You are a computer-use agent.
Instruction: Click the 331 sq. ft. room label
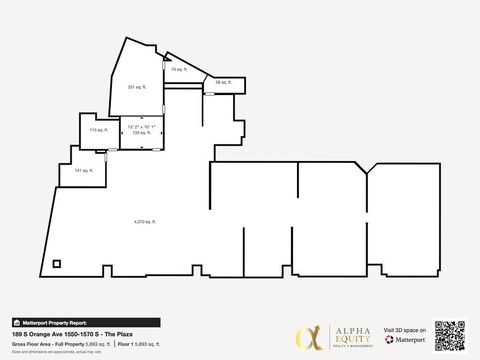coord(137,87)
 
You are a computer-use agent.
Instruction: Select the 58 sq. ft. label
coord(223,82)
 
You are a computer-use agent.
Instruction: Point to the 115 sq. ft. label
coord(99,130)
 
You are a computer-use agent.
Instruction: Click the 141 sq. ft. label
coord(84,170)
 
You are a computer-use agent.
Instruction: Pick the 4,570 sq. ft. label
coord(145,222)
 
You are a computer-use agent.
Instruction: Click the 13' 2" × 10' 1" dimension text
coord(141,127)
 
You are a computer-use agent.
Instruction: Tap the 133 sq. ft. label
coord(141,133)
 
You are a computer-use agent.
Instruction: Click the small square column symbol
coord(56,264)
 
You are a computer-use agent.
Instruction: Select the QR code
coord(449,336)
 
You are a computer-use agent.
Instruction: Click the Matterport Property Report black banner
coord(86,323)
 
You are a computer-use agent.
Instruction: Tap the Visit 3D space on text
coord(405,330)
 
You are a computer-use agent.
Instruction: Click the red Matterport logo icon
coord(389,339)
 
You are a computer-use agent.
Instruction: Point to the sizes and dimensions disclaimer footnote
coord(48,351)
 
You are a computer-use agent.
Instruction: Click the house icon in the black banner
coord(17,323)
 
